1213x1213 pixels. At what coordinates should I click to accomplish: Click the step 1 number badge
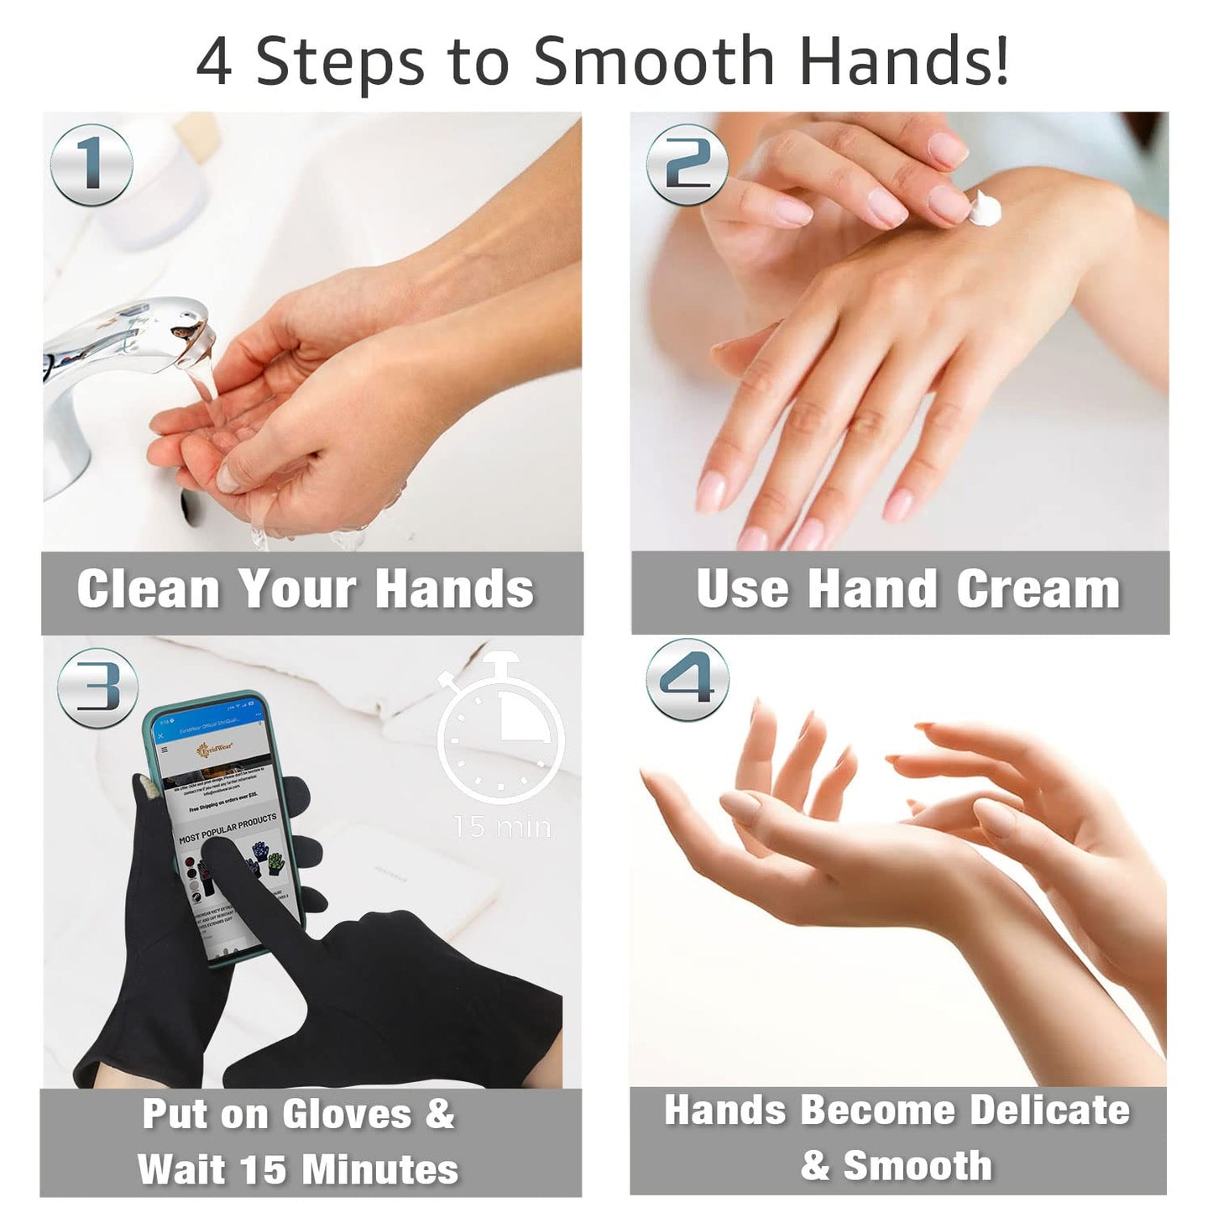click(91, 165)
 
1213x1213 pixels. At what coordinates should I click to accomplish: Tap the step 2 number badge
click(687, 165)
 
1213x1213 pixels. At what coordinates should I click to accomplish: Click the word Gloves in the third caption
click(347, 1115)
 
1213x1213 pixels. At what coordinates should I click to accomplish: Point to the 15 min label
click(502, 827)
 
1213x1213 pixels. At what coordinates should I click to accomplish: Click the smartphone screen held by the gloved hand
click(223, 806)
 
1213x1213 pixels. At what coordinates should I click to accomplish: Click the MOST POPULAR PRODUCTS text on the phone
click(227, 828)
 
